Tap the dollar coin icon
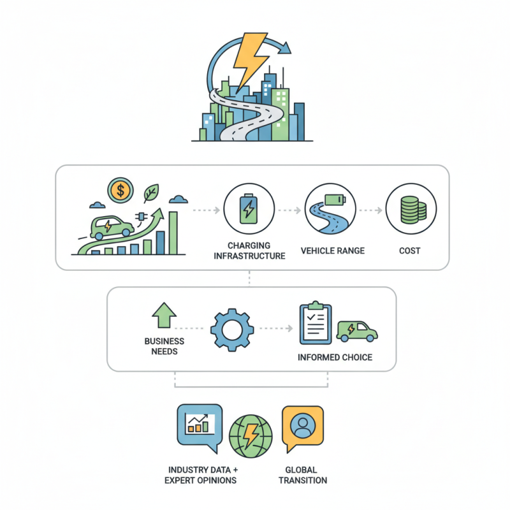tap(120, 190)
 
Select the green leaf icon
tap(151, 193)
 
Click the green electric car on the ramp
tap(112, 228)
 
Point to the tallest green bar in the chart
tap(173, 233)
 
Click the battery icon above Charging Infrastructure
tap(249, 209)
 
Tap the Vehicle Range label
tap(333, 251)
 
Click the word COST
tap(410, 251)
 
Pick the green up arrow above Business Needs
tap(164, 315)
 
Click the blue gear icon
tap(232, 330)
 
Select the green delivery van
tap(357, 331)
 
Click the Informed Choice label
tap(335, 358)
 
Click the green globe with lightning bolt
tap(251, 436)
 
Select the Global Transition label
tap(302, 475)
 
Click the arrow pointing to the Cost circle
tap(371, 210)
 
